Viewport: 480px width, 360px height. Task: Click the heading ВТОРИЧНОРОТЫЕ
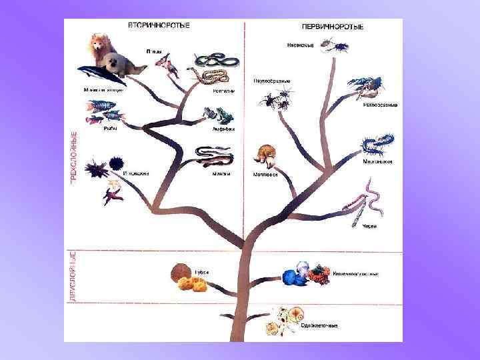click(x=158, y=25)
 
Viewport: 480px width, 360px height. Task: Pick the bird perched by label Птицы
click(x=165, y=65)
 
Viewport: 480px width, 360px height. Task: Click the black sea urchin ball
click(x=114, y=163)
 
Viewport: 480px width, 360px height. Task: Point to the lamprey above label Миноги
click(x=213, y=157)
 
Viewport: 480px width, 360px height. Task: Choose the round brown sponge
click(x=179, y=273)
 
